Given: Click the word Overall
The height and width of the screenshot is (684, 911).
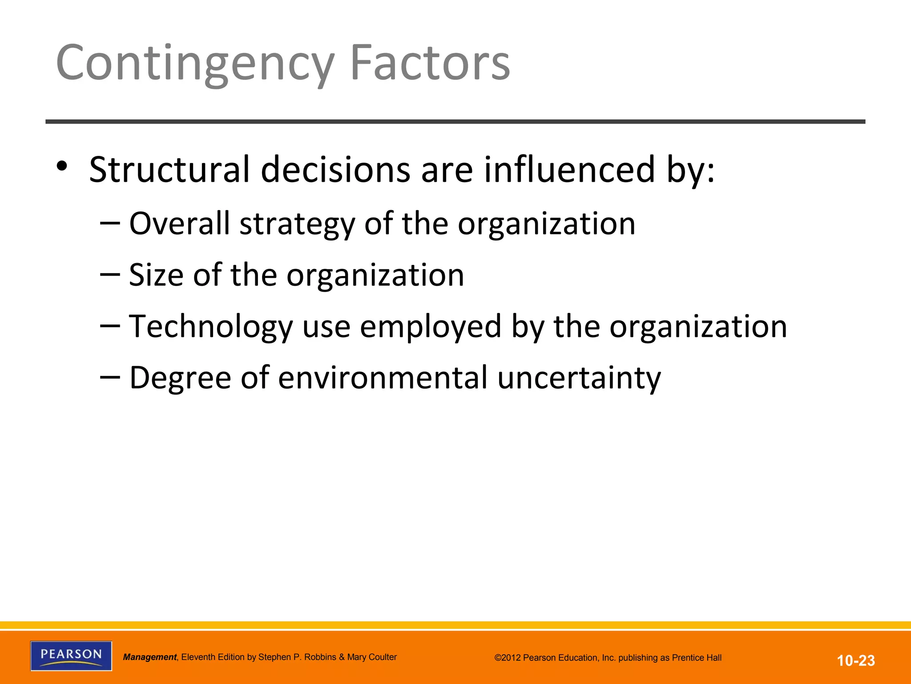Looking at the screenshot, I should pos(179,223).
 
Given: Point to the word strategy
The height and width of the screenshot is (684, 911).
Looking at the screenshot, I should pos(297,224).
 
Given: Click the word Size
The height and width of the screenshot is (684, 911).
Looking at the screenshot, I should pos(156,275).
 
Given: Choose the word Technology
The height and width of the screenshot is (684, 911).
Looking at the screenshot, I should pos(211,327).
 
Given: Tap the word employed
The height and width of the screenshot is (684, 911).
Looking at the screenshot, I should pos(431,327).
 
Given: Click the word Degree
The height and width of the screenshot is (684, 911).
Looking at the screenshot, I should pos(180,378).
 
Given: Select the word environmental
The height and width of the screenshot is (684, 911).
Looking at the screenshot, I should pos(383,378).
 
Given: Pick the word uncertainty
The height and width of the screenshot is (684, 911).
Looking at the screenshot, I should pos(579,378).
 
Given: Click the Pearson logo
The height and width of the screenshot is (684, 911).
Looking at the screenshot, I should pos(71,655).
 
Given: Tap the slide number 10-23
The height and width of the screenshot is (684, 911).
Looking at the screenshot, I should pos(856,660).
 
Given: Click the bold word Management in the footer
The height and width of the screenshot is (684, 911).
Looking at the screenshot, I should pos(150,657).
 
